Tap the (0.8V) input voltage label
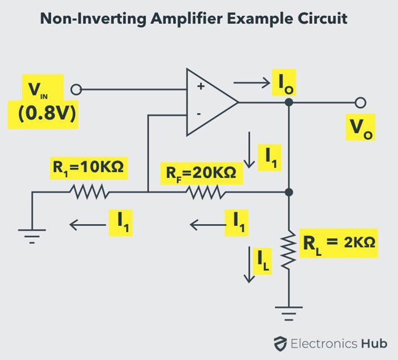pyautogui.click(x=43, y=113)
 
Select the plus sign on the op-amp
pyautogui.click(x=200, y=88)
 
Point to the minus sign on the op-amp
pyautogui.click(x=199, y=114)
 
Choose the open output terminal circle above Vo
pyautogui.click(x=360, y=102)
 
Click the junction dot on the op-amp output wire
pyautogui.click(x=289, y=102)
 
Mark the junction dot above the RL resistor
pyautogui.click(x=289, y=192)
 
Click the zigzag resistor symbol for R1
pyautogui.click(x=89, y=192)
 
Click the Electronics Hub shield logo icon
pyautogui.click(x=279, y=343)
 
